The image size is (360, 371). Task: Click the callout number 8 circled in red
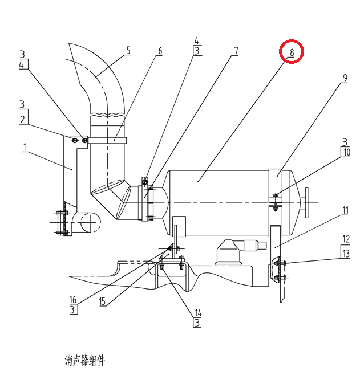tap(291, 52)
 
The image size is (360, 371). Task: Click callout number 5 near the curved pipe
tap(128, 50)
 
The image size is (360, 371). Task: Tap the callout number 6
tap(160, 51)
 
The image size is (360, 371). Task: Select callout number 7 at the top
tap(235, 51)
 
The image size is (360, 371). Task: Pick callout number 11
tap(345, 210)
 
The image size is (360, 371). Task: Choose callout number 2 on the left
tap(22, 120)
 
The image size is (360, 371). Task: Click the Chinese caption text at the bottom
tap(85, 360)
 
